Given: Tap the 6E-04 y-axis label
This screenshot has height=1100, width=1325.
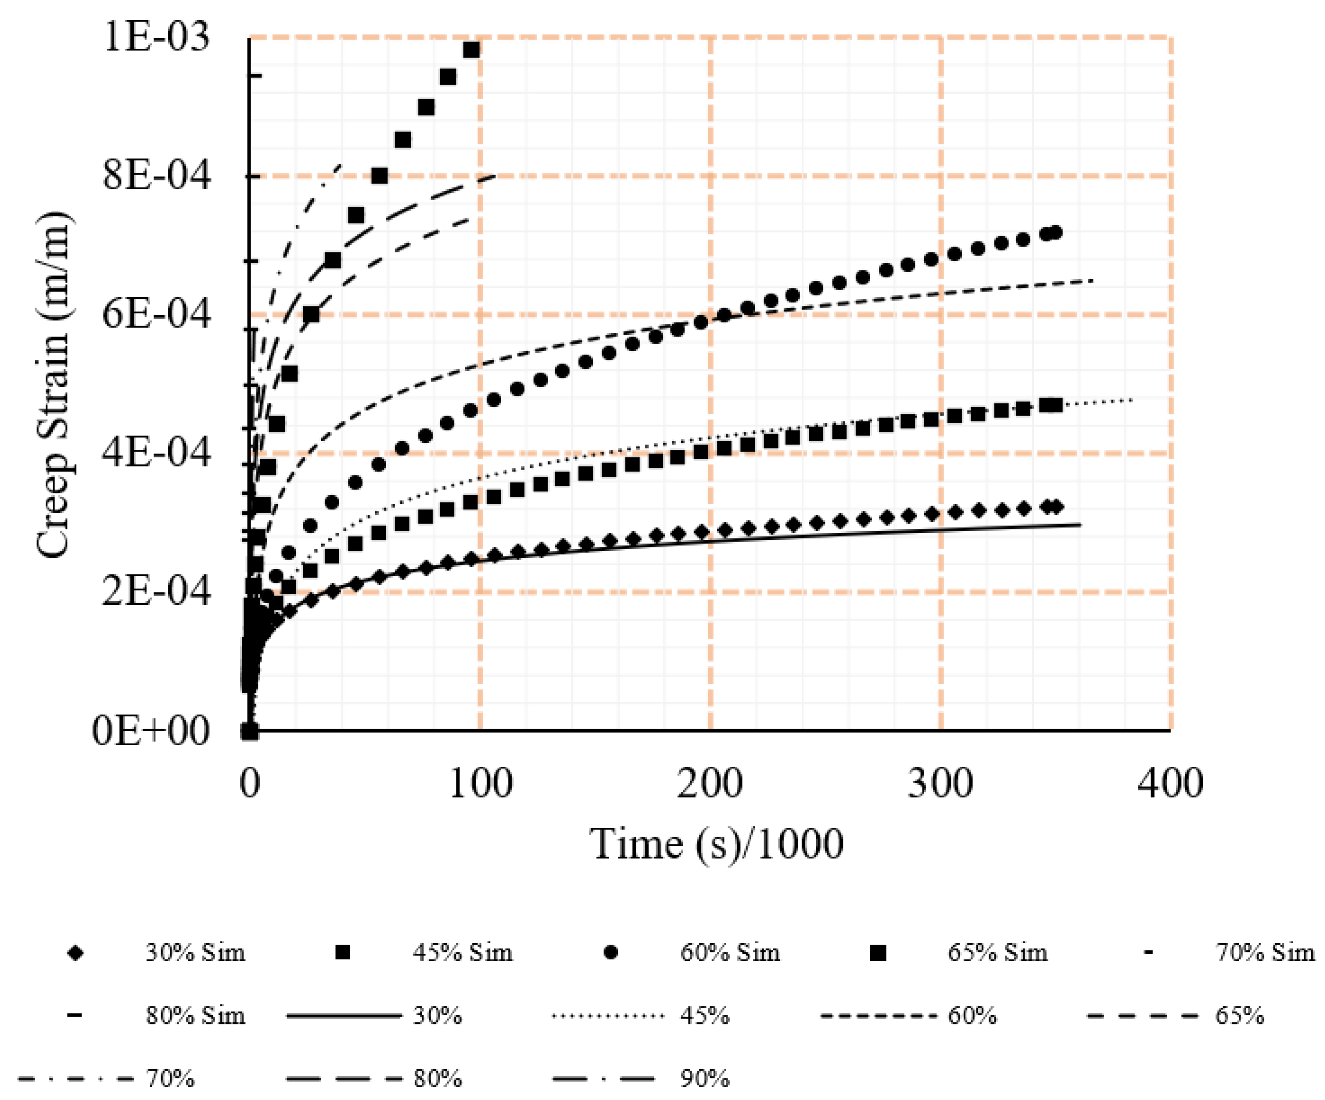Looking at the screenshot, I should (x=156, y=314).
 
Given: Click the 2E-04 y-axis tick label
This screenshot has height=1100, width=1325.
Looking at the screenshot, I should (x=156, y=591).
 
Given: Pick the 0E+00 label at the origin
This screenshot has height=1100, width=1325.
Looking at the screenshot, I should (x=150, y=731).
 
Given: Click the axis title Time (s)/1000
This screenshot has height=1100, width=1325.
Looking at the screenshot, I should (x=717, y=844).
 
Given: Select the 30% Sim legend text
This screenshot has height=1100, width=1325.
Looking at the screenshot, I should (x=196, y=952).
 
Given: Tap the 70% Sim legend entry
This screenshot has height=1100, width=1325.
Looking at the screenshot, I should (x=1265, y=952).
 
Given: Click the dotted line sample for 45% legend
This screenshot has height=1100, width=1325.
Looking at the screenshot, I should (x=608, y=1016).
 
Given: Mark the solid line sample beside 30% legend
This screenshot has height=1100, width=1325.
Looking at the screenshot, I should (x=344, y=1016).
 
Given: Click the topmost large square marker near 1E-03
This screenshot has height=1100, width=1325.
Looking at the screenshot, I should (x=471, y=49).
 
